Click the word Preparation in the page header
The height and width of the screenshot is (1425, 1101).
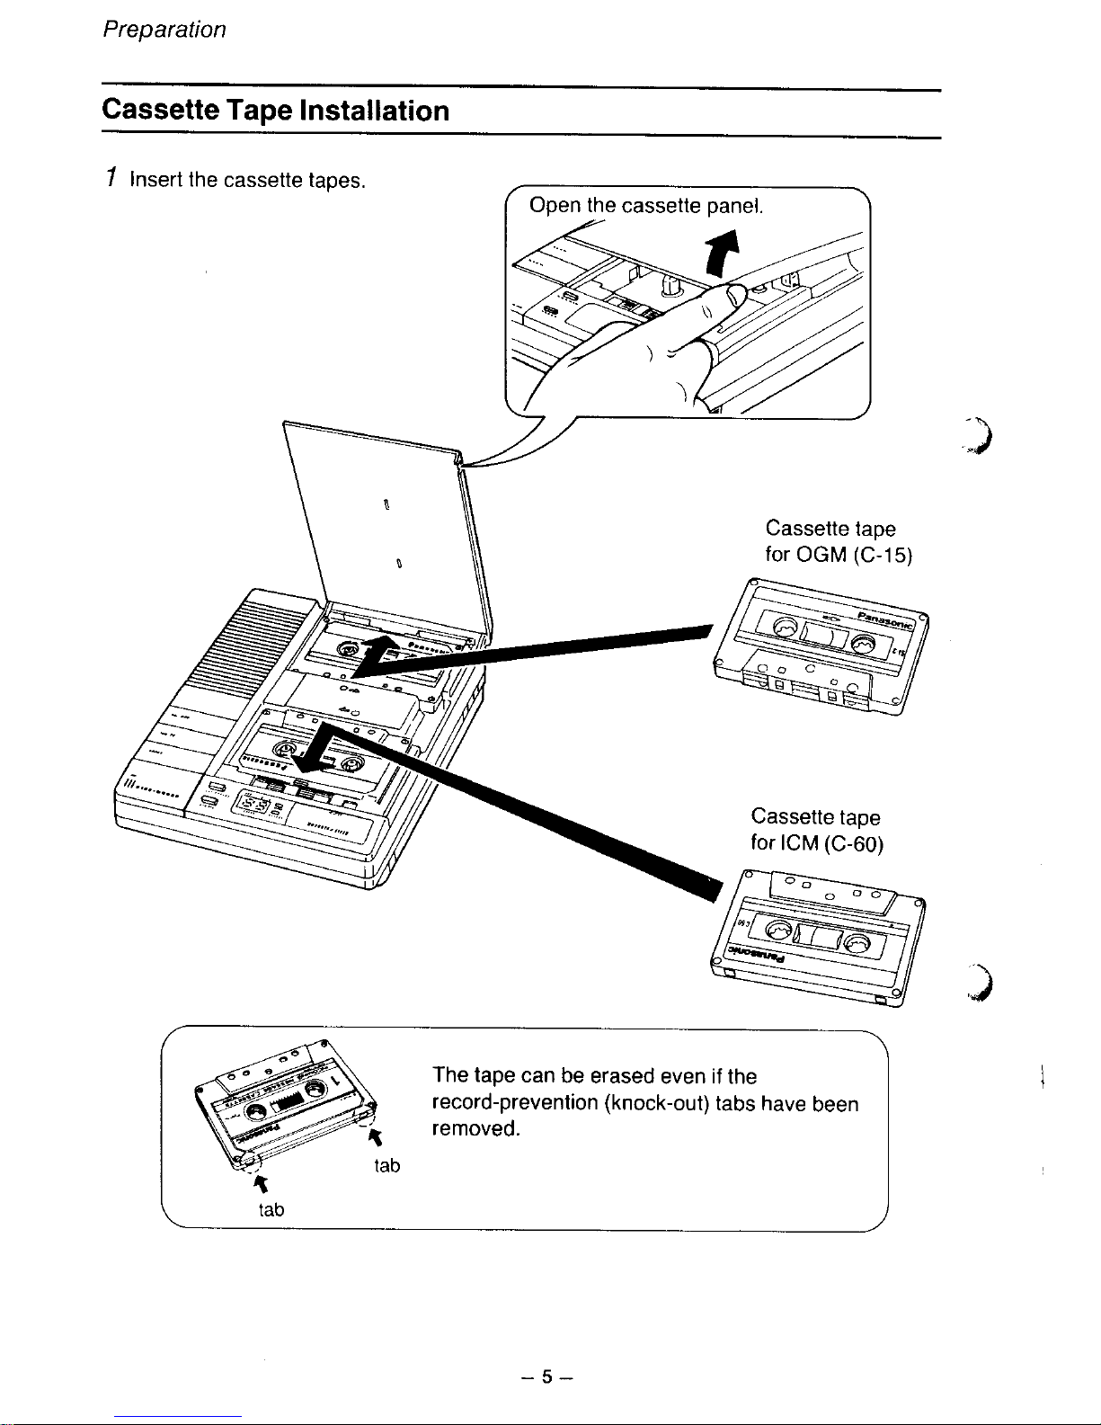point(164,31)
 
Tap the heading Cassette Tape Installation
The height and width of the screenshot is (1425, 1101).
point(275,111)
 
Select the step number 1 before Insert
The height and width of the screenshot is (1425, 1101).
point(112,178)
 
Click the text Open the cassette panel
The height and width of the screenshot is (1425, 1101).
point(646,206)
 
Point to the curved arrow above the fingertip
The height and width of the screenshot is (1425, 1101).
point(723,254)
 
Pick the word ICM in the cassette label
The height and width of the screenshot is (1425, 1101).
point(800,842)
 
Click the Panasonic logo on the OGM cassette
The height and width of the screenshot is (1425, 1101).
point(884,619)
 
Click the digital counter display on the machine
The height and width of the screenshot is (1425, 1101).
point(253,802)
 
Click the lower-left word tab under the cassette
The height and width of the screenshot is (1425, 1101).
point(271,1209)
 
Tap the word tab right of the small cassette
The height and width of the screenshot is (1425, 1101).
point(386,1165)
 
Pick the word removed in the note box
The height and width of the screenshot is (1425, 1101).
point(475,1129)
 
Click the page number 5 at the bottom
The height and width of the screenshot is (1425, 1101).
point(546,1376)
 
